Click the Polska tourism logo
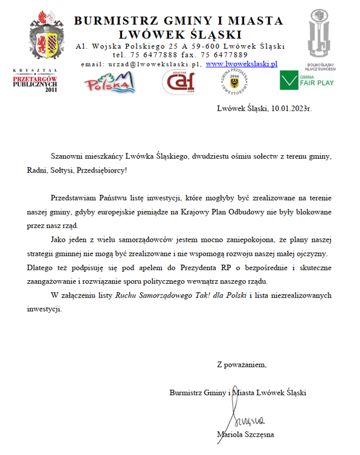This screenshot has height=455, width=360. coord(110,82)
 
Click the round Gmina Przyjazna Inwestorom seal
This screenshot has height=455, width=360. coord(234,82)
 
